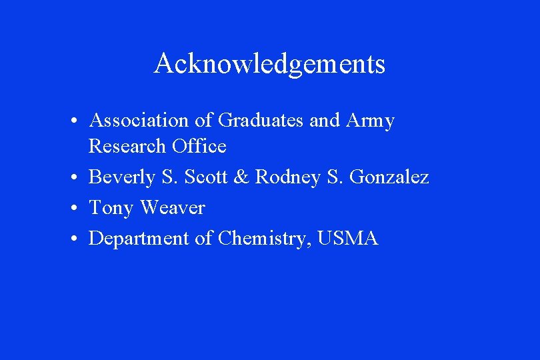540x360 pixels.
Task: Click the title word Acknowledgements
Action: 269,64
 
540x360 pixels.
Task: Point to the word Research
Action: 127,146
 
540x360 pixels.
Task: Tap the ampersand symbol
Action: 243,177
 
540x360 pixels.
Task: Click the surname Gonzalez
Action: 389,177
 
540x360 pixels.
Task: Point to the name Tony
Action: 111,208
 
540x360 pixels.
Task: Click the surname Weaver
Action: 172,208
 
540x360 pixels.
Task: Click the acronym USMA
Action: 348,238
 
